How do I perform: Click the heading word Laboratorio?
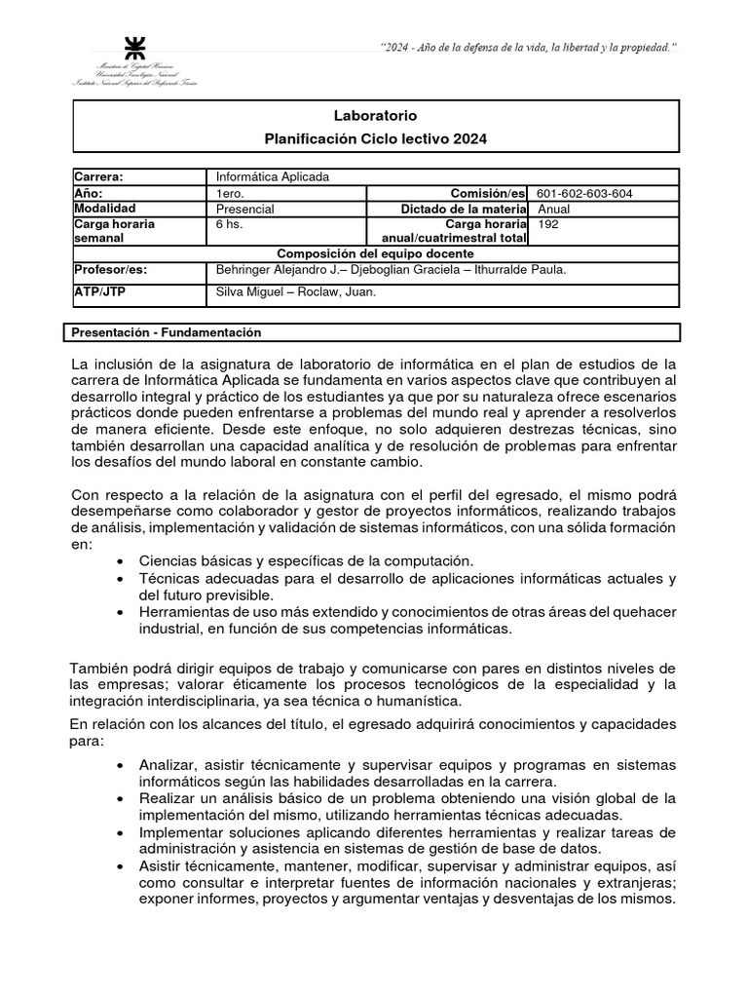[x=375, y=116]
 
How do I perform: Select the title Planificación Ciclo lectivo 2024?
[x=375, y=139]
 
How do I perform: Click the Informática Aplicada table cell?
[x=274, y=176]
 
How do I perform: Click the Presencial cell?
[x=245, y=209]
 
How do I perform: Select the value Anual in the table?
[x=553, y=209]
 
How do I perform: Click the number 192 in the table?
[x=548, y=223]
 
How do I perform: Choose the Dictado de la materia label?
[x=464, y=209]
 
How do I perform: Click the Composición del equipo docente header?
[x=375, y=253]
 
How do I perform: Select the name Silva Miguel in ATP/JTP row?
[x=248, y=291]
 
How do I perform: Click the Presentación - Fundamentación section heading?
[x=167, y=332]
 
